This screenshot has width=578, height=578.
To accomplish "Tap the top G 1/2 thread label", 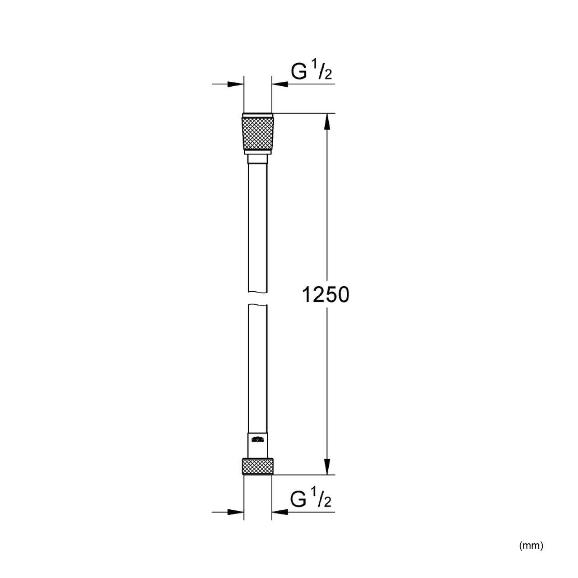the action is pos(311,71).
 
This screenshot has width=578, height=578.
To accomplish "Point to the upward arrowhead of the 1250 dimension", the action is pos(327,121).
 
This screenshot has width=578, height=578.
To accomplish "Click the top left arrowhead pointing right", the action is pos(235,84).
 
